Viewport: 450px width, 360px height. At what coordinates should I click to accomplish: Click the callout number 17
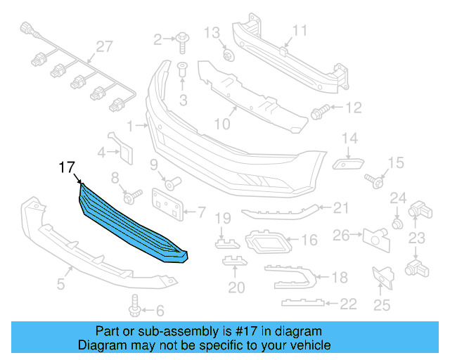(66, 168)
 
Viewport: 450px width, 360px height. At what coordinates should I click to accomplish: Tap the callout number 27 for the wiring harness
(104, 47)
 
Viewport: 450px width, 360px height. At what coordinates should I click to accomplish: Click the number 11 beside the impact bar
(300, 30)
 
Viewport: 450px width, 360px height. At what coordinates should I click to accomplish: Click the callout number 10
(222, 124)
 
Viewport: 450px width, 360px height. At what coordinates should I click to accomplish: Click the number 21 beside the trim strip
(341, 207)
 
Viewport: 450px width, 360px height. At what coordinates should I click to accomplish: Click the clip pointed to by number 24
(397, 224)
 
